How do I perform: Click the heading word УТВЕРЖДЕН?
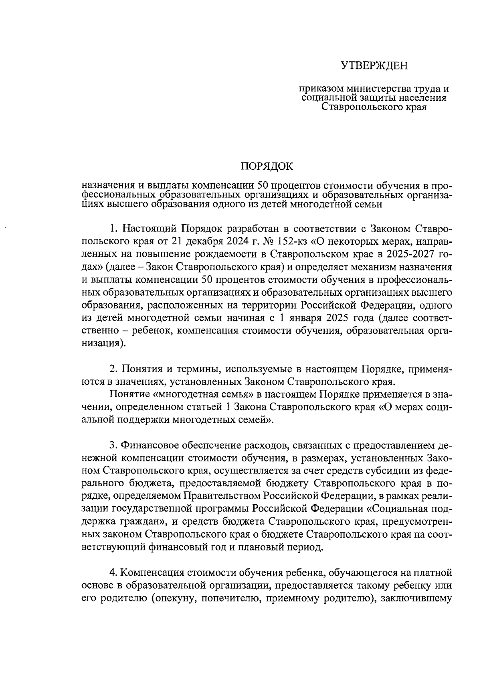coord(374,65)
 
